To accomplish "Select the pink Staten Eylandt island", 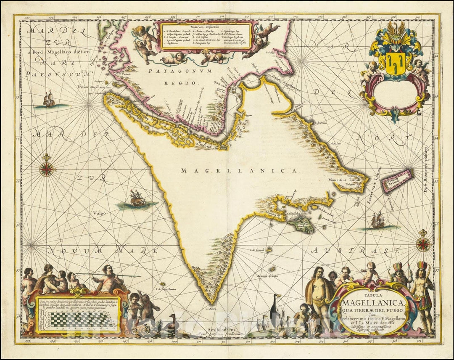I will (x=397, y=180).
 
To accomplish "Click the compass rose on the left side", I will (x=47, y=169).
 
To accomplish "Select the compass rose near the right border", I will (x=422, y=244).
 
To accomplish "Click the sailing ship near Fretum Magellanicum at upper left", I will (x=49, y=99).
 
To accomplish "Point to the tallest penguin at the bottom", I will (x=276, y=312).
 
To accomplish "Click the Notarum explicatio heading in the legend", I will (x=206, y=26).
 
